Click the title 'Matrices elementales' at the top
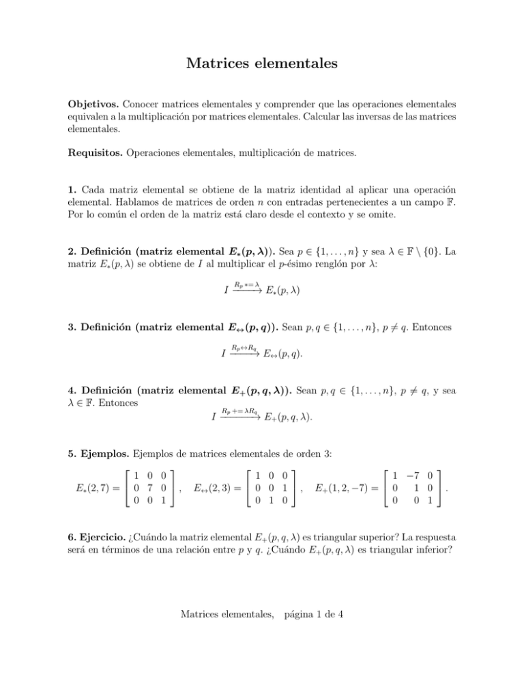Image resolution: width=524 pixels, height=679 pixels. (262, 64)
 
